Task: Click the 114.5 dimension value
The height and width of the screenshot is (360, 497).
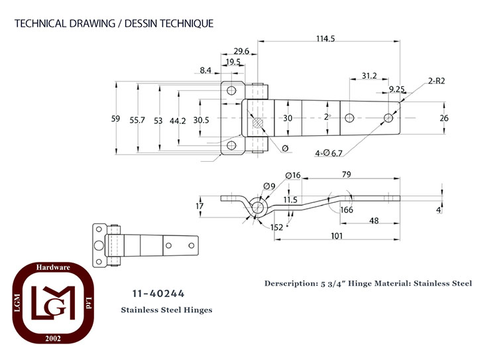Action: click(325, 38)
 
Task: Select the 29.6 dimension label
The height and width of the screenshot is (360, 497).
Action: click(241, 51)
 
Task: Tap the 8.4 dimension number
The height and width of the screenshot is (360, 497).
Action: click(205, 70)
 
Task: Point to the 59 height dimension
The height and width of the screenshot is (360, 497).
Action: click(116, 119)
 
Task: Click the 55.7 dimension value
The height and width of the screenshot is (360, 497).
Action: click(137, 120)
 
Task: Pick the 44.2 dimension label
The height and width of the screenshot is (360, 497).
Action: click(178, 121)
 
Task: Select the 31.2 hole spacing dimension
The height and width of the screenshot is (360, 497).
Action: click(369, 76)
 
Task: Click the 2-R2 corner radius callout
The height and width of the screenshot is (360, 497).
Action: click(437, 81)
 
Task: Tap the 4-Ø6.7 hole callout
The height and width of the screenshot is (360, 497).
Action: click(329, 154)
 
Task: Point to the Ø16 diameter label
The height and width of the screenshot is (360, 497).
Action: click(293, 176)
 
